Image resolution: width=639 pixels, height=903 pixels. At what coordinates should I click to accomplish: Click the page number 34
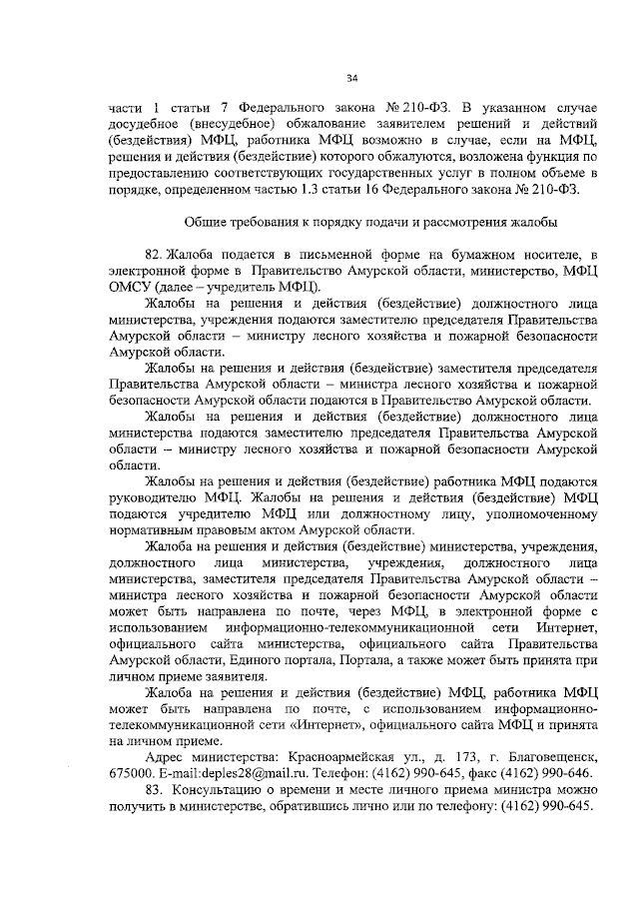click(351, 80)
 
